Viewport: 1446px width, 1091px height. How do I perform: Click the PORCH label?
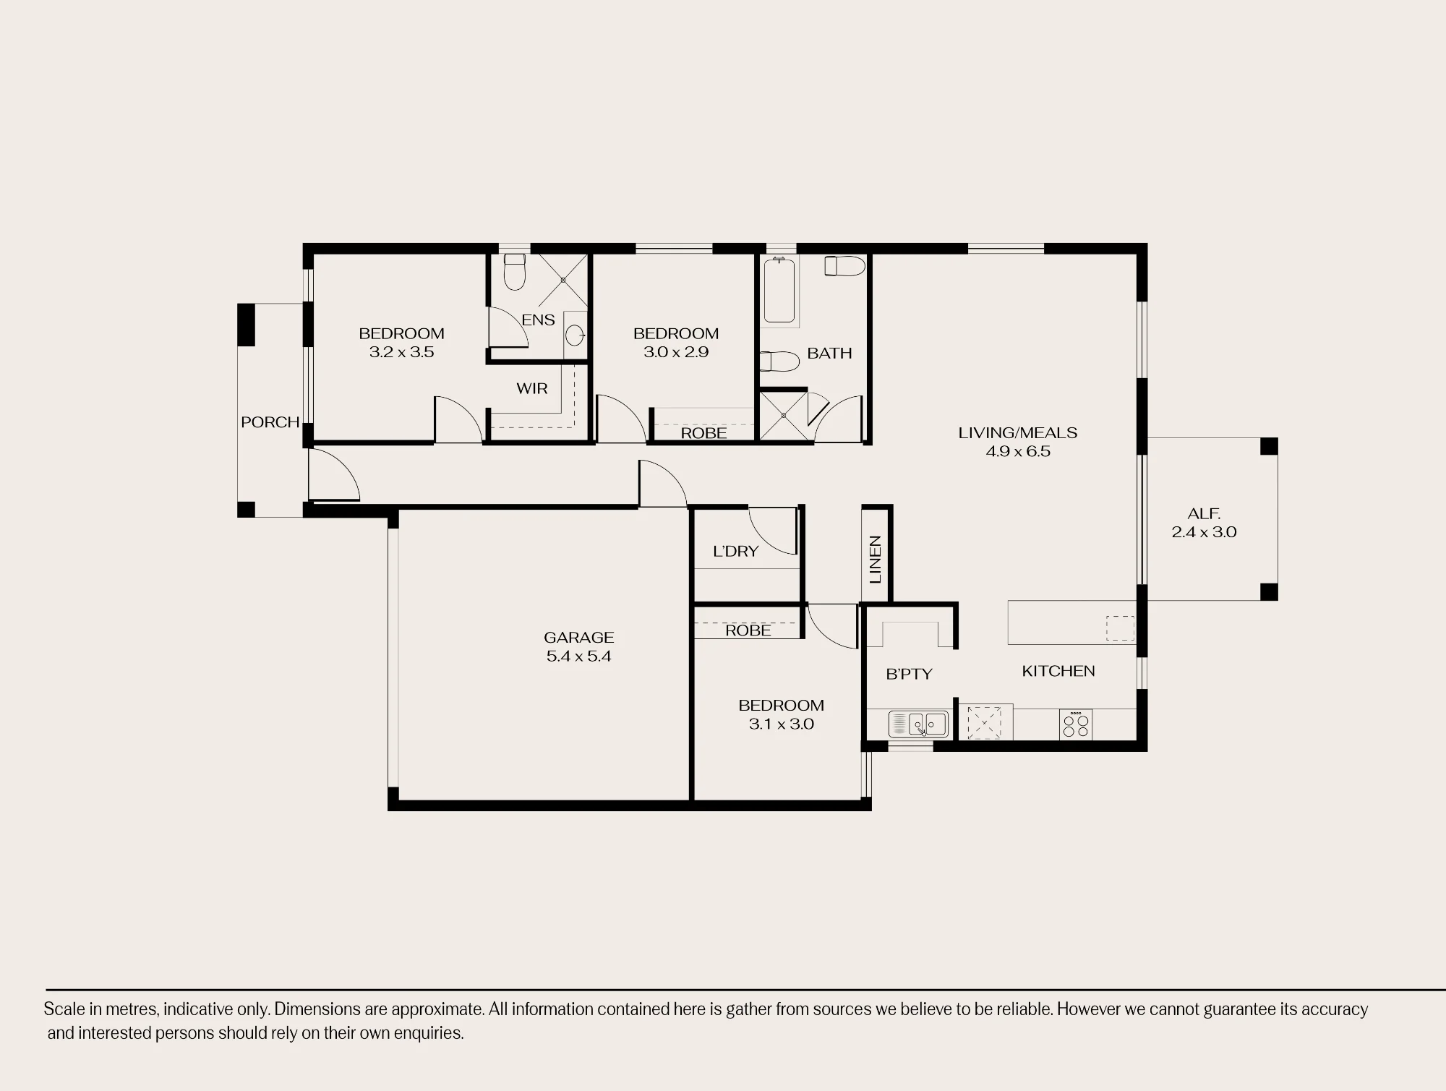pos(270,422)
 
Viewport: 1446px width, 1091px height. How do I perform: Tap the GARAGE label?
pos(578,637)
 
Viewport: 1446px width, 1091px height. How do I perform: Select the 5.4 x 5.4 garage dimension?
pos(578,656)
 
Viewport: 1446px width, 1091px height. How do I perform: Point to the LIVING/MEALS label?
pos(1017,432)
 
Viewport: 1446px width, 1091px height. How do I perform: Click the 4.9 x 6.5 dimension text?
pos(1018,451)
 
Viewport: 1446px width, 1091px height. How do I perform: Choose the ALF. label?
pos(1204,513)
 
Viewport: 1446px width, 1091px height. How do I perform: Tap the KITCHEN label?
pos(1058,671)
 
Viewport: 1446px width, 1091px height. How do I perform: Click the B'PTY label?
pos(909,674)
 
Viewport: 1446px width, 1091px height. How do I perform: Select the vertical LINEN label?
pos(875,560)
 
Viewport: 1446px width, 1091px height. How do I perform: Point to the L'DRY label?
pos(735,551)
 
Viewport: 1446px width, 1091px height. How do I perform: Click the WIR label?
pos(531,388)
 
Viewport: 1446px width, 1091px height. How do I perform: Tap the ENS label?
pos(538,320)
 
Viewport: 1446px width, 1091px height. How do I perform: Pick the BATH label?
pos(829,353)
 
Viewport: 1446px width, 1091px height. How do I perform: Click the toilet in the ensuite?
pos(514,271)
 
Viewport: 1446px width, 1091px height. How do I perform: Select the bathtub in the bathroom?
pos(779,291)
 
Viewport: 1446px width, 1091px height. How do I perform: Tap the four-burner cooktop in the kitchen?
pos(1075,724)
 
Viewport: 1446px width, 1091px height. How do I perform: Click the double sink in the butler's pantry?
pos(918,724)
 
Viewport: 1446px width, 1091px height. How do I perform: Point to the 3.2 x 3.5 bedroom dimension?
pos(401,352)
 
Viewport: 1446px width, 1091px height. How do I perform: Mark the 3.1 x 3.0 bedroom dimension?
pos(781,724)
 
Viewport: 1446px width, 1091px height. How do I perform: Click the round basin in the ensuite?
pos(575,335)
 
